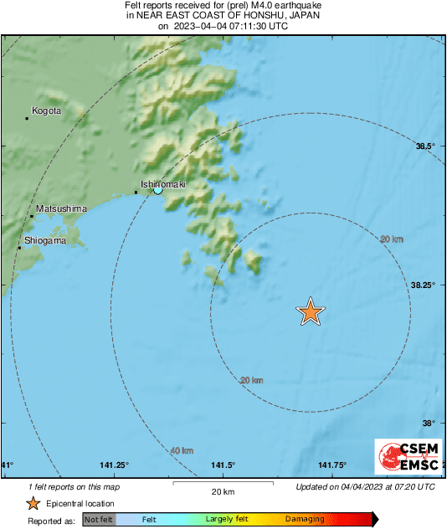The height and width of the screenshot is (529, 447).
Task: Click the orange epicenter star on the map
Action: tap(311, 311)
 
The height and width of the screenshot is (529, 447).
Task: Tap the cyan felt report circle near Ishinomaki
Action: tap(157, 191)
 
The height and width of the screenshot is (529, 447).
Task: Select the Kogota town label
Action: tap(46, 110)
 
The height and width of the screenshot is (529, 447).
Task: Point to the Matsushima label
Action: tap(62, 208)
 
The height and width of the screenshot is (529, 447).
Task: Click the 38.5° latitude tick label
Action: tap(426, 146)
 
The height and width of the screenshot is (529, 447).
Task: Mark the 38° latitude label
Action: tap(429, 424)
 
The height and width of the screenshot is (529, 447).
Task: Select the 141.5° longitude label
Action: tap(223, 465)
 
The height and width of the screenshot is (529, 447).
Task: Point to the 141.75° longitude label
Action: tap(332, 465)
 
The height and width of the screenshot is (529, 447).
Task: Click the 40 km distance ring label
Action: tap(181, 451)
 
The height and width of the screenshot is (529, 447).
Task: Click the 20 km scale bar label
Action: tap(222, 491)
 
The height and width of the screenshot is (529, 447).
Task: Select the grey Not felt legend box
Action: tap(99, 519)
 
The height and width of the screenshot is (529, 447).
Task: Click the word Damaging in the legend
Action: tap(305, 519)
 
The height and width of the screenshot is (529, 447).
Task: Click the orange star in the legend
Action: tap(33, 503)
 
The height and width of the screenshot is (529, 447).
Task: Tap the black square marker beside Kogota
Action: tap(27, 119)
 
